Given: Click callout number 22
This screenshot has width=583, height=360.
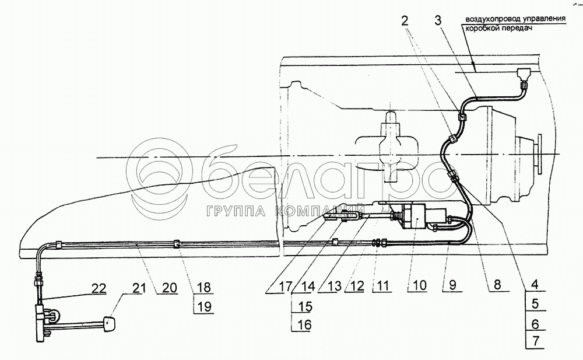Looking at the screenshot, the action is point(98,288).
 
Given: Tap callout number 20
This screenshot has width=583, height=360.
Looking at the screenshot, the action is point(169,288).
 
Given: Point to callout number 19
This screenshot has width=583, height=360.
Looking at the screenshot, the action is point(204,306).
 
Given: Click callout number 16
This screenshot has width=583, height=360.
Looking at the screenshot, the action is point(304,324).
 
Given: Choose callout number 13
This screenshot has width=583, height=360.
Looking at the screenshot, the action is point(334,286).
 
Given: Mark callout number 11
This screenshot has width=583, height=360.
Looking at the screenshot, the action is point(382,286).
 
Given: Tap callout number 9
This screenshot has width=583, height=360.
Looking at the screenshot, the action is point(452,285).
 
